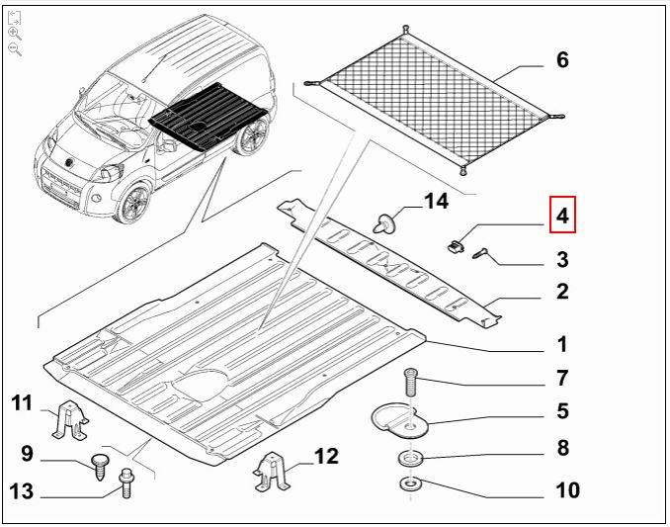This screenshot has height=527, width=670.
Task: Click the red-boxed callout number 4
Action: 561,216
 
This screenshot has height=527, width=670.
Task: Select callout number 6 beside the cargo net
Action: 562,60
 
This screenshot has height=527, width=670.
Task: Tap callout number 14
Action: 436,202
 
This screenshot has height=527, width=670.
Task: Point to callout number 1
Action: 561,345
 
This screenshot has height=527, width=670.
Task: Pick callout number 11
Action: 23,402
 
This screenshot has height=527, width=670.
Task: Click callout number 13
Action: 23,490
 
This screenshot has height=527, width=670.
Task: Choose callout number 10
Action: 567,490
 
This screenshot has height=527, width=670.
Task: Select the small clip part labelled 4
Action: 454,242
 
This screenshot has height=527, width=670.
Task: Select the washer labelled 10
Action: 410,484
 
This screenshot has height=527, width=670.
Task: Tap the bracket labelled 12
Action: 274,470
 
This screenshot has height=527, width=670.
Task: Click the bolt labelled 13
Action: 126,483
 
